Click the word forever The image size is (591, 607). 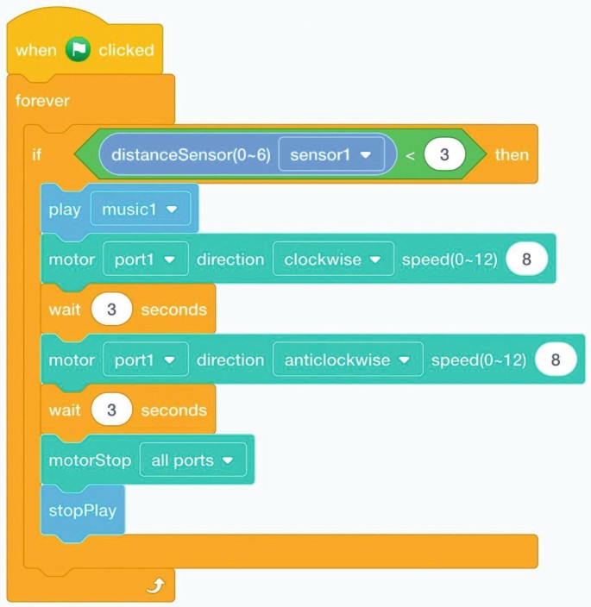(42, 101)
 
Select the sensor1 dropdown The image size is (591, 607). (330, 155)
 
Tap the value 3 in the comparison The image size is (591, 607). (444, 155)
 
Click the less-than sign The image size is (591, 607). (410, 155)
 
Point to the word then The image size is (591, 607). (512, 155)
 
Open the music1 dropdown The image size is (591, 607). (140, 210)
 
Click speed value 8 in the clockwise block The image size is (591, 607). (526, 260)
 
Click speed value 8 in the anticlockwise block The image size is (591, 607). (556, 360)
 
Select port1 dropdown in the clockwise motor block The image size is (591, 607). (145, 260)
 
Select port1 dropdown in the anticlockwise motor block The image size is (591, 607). (145, 360)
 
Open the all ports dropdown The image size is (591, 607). (192, 460)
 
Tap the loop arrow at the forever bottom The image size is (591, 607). (155, 587)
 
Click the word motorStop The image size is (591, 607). (90, 460)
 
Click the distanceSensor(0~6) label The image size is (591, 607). (191, 155)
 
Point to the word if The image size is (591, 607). (37, 155)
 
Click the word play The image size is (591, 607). (65, 210)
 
